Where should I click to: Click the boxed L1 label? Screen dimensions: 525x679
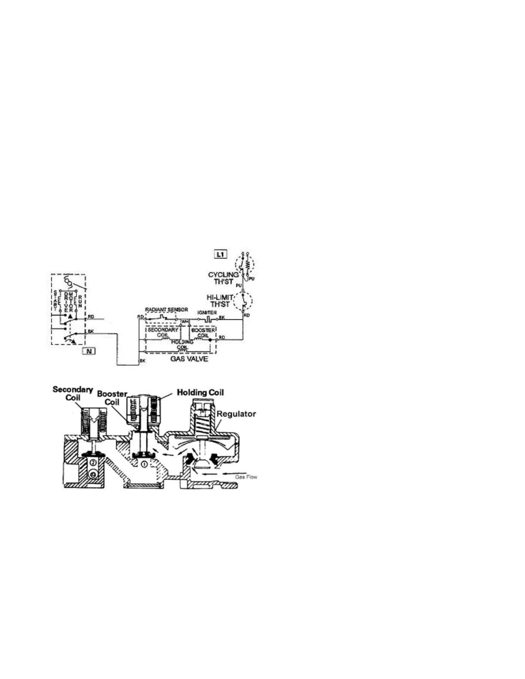(x=220, y=254)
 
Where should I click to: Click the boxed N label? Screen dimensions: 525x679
(x=89, y=351)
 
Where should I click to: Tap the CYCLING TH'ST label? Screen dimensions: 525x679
(x=223, y=277)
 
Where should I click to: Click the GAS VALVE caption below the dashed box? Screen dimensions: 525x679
(x=189, y=358)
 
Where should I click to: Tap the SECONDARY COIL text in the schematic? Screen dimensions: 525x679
(x=163, y=333)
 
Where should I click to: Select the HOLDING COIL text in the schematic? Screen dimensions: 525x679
(x=182, y=344)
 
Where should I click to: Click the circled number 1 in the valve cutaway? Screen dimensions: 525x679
(x=145, y=463)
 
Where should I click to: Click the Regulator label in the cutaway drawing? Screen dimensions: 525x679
(x=236, y=414)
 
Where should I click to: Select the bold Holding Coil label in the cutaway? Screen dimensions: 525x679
(x=200, y=392)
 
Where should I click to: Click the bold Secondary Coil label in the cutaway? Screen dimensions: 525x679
(x=72, y=394)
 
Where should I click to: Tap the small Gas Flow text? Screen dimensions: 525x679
(x=246, y=477)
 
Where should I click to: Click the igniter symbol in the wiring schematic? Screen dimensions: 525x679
(x=207, y=319)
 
